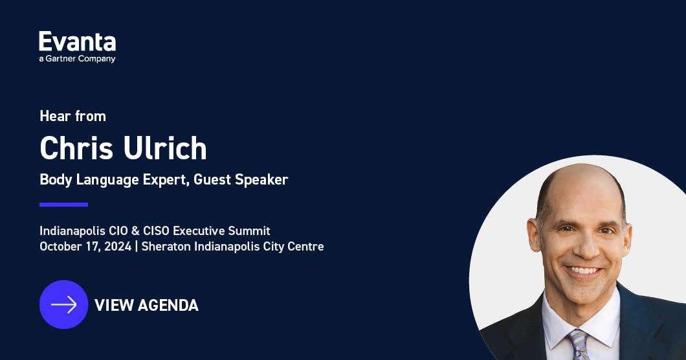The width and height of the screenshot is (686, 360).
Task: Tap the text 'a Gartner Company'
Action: [77, 59]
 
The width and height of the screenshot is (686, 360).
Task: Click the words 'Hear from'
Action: [72, 117]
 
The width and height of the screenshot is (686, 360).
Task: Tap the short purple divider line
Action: [63, 205]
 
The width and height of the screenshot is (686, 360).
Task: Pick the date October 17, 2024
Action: [85, 246]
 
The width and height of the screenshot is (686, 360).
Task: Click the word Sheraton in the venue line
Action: [166, 246]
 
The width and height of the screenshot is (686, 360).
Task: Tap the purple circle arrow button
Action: [63, 304]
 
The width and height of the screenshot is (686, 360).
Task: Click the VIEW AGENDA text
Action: [146, 305]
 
